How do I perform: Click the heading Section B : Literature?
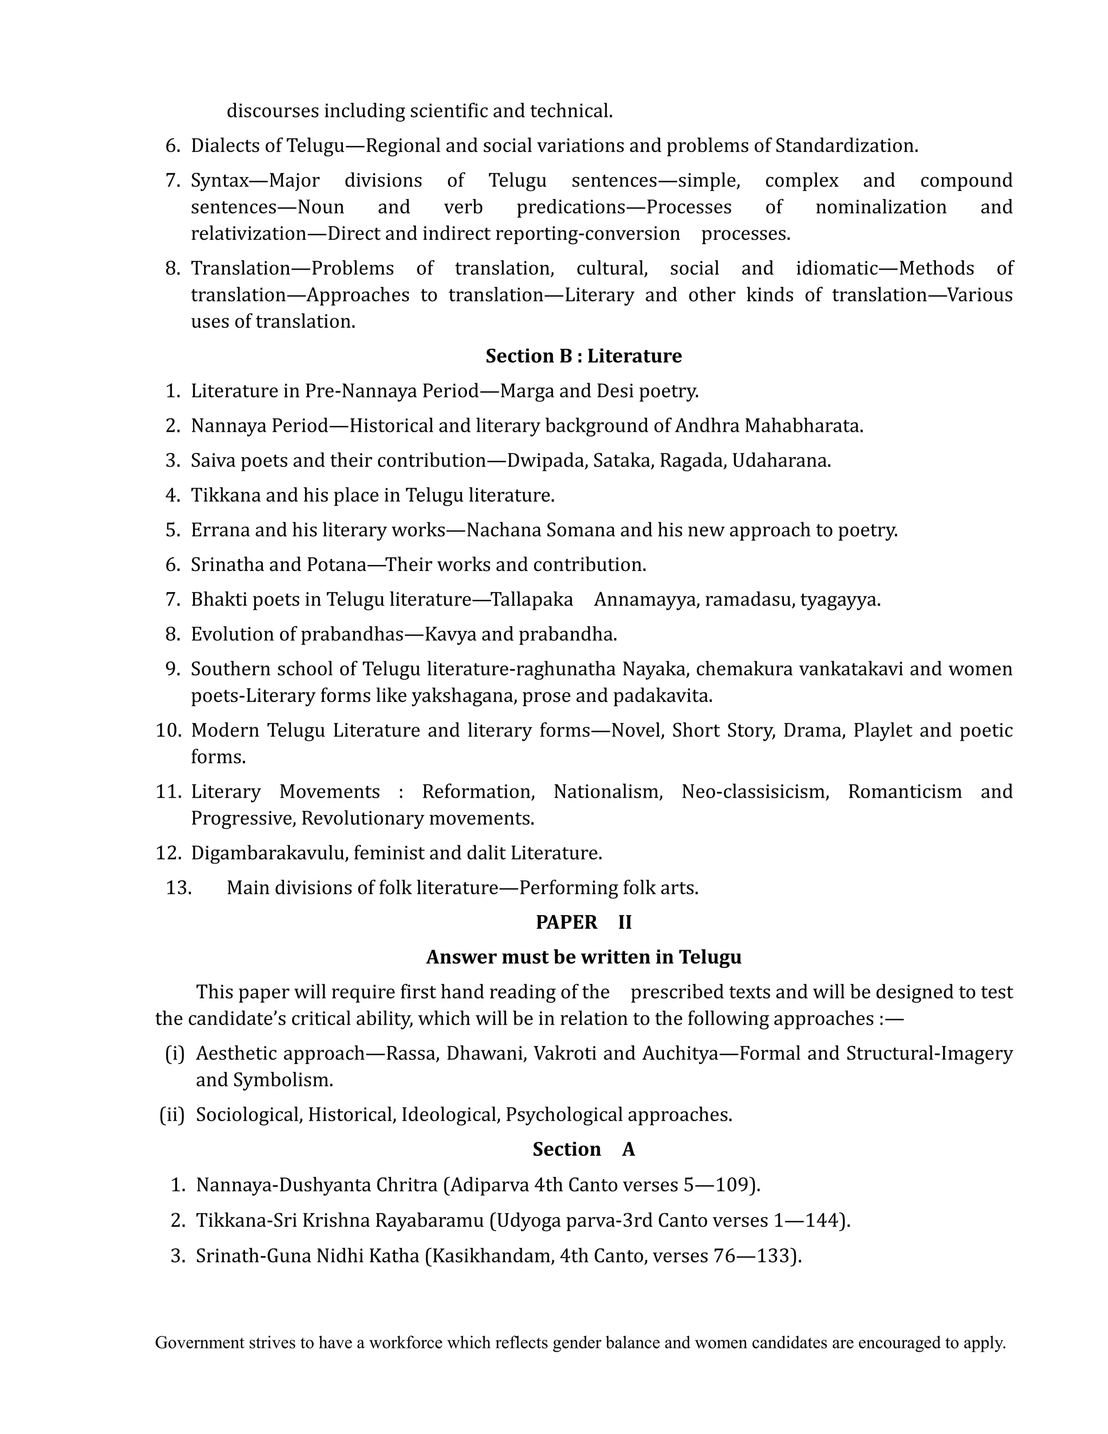pyautogui.click(x=584, y=356)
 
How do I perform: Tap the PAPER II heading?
pyautogui.click(x=584, y=922)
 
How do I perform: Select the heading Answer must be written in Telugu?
pyautogui.click(x=584, y=957)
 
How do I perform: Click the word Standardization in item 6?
pyautogui.click(x=846, y=145)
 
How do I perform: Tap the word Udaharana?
pyautogui.click(x=781, y=461)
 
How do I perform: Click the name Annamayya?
pyautogui.click(x=644, y=600)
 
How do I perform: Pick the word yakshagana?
pyautogui.click(x=464, y=695)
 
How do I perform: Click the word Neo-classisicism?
pyautogui.click(x=755, y=791)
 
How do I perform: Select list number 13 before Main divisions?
pyautogui.click(x=178, y=887)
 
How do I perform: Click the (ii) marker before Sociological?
pyautogui.click(x=172, y=1114)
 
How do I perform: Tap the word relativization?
pyautogui.click(x=249, y=234)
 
